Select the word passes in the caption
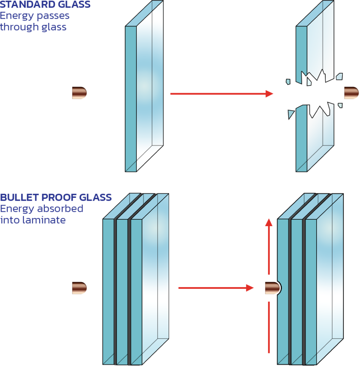point(53,16)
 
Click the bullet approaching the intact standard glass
point(79,93)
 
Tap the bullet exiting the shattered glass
point(351,93)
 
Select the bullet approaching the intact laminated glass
point(79,288)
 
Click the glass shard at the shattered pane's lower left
point(291,114)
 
